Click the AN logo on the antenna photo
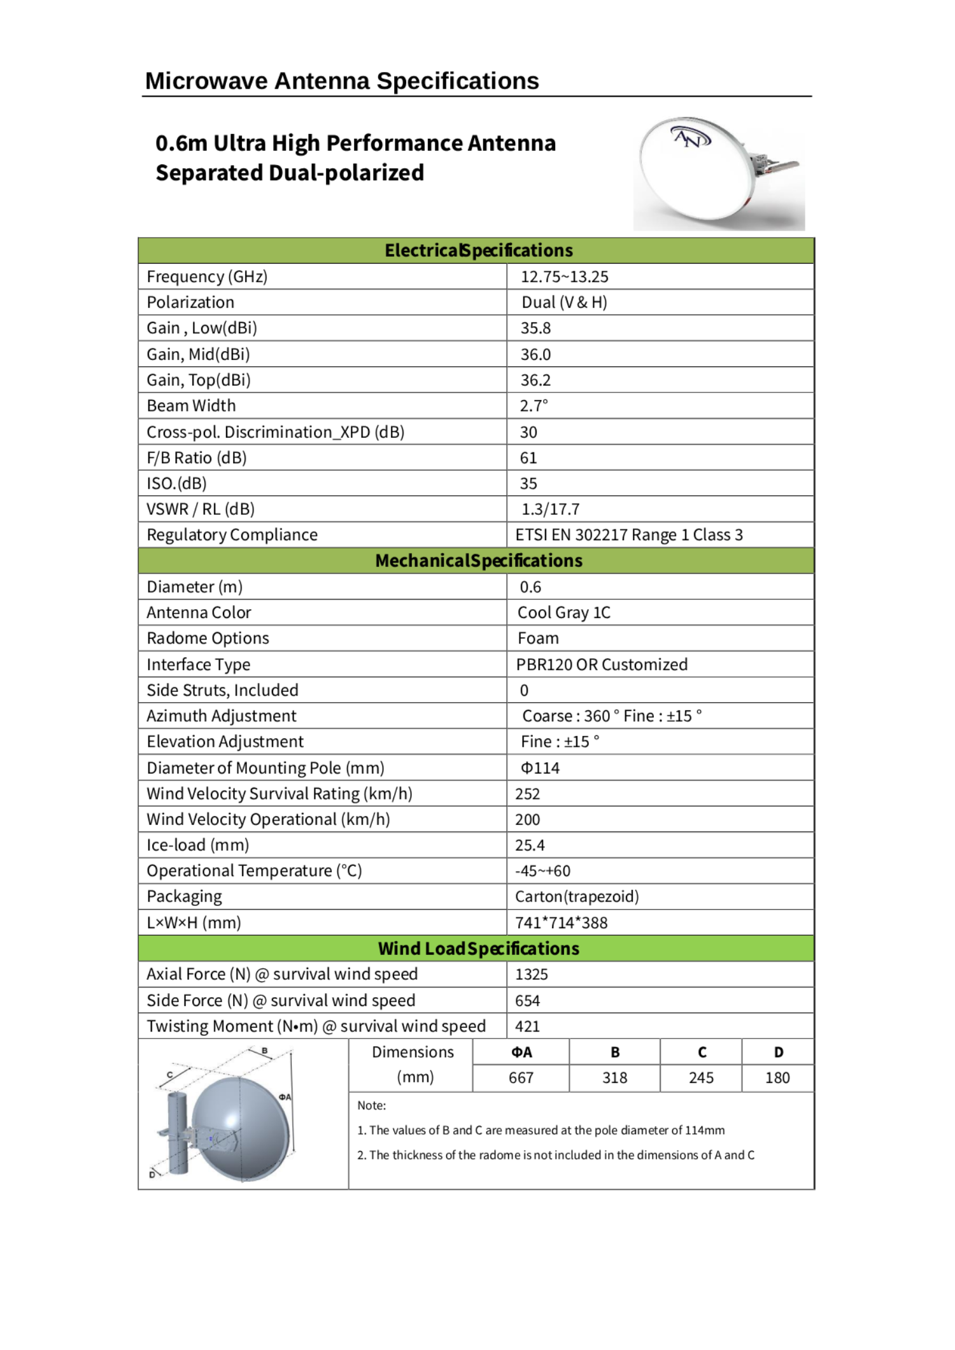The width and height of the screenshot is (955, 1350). point(691,137)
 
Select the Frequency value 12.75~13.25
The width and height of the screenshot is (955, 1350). point(564,276)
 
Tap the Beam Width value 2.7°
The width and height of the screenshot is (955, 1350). point(534,406)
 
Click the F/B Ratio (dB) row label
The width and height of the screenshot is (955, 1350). point(197,457)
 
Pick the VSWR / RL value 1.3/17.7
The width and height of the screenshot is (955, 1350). point(550,509)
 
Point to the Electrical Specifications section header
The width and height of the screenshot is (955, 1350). point(478,250)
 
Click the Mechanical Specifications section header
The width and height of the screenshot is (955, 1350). point(478,561)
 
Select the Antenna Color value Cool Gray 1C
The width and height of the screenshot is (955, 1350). point(563,612)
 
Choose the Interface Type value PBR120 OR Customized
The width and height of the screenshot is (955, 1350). point(602,664)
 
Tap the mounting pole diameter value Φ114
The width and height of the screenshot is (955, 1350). point(540,768)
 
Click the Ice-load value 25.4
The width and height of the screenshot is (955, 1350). point(530,845)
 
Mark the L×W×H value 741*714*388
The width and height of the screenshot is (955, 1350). point(561,923)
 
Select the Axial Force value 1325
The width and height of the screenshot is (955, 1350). point(531,974)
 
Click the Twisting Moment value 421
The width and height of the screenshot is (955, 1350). point(527,1026)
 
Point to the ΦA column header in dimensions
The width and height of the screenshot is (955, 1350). point(521,1052)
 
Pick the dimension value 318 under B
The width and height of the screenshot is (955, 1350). point(614,1078)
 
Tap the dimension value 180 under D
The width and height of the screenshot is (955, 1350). point(777,1078)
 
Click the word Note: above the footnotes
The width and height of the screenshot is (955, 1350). point(372,1105)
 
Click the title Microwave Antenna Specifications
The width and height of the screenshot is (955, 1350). point(342,81)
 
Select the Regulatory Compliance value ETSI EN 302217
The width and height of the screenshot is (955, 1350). point(628,535)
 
